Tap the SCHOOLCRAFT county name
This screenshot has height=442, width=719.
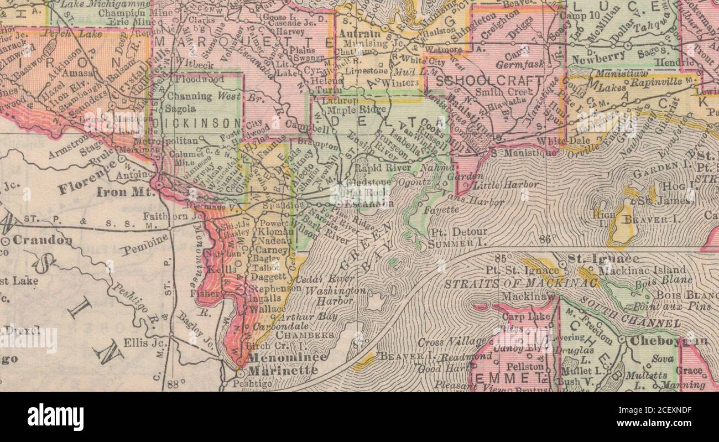489,81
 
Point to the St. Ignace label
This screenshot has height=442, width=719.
596,259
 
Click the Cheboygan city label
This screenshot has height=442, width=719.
668,341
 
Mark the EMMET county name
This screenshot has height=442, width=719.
507,379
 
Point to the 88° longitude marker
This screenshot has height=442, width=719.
174,384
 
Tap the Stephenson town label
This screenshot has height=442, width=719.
275,289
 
